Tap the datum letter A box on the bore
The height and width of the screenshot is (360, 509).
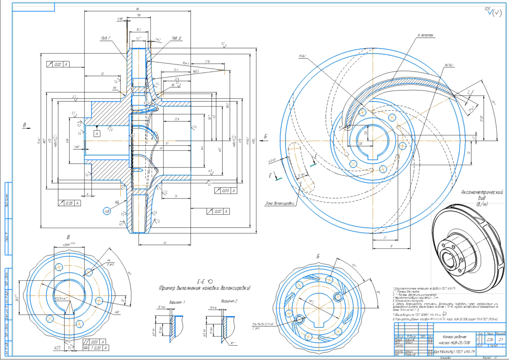[x=96, y=134]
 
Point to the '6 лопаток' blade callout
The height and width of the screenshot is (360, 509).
[x=424, y=34]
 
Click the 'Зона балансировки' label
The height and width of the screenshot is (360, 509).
[x=280, y=203]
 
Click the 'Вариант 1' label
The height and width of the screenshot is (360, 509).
[x=176, y=301]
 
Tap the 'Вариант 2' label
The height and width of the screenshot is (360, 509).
[x=229, y=301]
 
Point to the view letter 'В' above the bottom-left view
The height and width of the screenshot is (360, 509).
[x=68, y=237]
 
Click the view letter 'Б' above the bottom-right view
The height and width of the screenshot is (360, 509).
[x=318, y=256]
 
